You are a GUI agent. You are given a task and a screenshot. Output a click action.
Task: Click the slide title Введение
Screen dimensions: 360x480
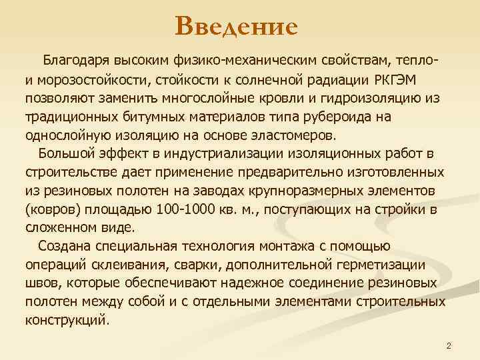(236, 27)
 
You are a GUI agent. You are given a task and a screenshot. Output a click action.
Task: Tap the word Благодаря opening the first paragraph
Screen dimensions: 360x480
(75, 63)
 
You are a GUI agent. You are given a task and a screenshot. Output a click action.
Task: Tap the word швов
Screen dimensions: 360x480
(40, 283)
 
